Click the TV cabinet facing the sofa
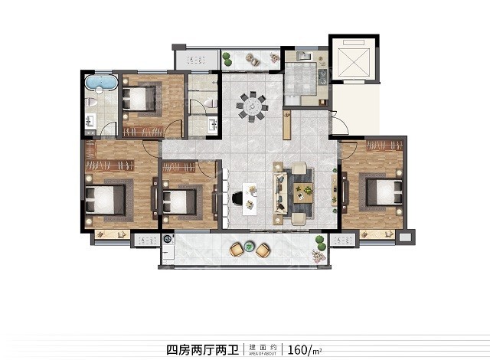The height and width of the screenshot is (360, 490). (333, 188)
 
